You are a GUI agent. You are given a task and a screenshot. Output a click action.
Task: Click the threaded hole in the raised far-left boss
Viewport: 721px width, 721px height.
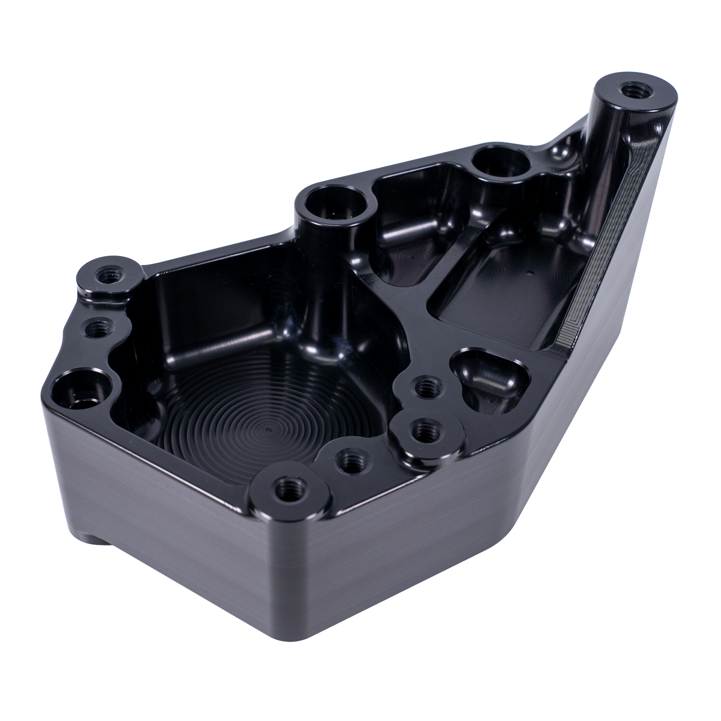click(x=110, y=277)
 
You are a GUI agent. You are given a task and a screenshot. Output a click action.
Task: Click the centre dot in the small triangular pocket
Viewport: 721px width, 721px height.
click(x=411, y=257)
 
